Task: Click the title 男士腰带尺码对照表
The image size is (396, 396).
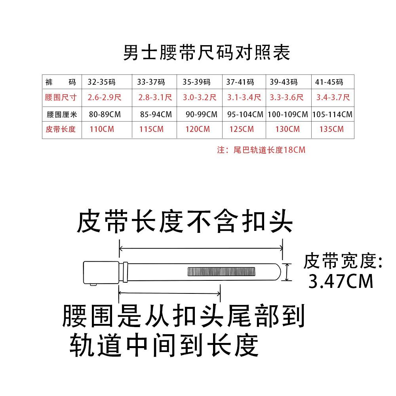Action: (x=206, y=53)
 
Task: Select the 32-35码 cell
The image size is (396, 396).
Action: (x=102, y=82)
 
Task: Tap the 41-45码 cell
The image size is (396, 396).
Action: (x=329, y=82)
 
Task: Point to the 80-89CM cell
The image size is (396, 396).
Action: (x=105, y=115)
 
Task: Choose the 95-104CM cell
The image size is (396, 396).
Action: (x=246, y=115)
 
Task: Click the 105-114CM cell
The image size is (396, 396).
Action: (x=332, y=115)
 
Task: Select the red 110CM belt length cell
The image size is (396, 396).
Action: (x=102, y=129)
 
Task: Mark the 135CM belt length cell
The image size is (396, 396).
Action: (x=331, y=129)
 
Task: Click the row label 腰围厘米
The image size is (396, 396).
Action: (x=61, y=115)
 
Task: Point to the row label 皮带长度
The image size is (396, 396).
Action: (x=61, y=129)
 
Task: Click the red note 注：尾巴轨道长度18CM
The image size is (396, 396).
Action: (x=261, y=150)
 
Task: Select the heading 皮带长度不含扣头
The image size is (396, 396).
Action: (x=185, y=221)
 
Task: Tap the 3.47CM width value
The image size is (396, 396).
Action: (x=341, y=282)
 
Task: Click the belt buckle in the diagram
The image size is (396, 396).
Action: (x=101, y=273)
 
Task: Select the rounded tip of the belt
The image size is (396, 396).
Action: (x=280, y=272)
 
